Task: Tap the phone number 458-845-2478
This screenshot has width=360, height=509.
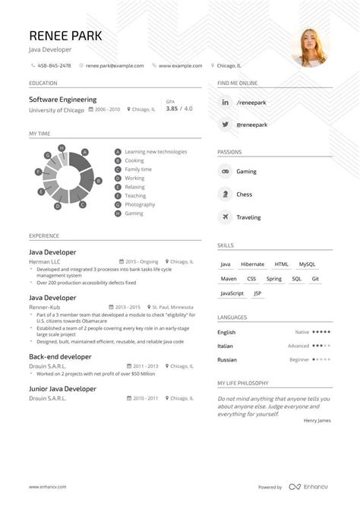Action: pos(54,65)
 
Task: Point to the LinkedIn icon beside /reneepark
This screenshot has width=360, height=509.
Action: pos(225,102)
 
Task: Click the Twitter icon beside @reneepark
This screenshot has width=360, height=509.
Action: pos(225,123)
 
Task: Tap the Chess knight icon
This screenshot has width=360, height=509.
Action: pos(225,194)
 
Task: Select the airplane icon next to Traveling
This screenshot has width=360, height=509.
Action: pos(225,217)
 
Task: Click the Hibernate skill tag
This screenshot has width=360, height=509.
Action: pos(253,264)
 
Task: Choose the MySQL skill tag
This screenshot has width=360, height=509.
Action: pos(308,264)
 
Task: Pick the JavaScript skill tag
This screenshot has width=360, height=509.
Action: pos(232,292)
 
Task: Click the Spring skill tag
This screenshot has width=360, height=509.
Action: pos(274,278)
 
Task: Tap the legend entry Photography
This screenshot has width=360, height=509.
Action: pos(140,204)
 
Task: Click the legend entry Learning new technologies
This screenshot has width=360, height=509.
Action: pos(156,152)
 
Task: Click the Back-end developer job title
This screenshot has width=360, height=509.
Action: pos(60,356)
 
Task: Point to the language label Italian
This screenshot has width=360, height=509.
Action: pos(226,346)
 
